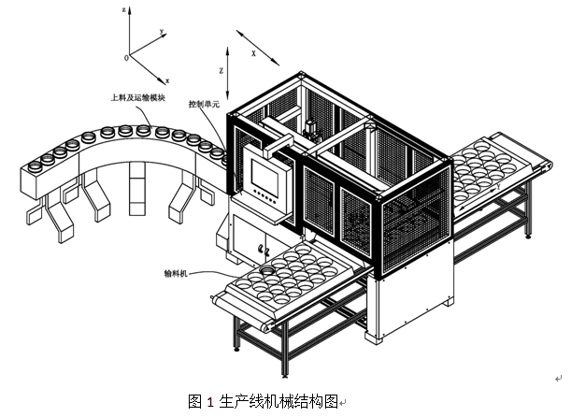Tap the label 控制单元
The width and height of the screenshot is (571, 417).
pos(203,105)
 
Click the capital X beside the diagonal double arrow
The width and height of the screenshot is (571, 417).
pos(253,55)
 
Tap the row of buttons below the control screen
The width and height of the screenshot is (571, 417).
pos(263,199)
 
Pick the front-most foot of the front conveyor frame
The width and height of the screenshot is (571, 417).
pos(236,349)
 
